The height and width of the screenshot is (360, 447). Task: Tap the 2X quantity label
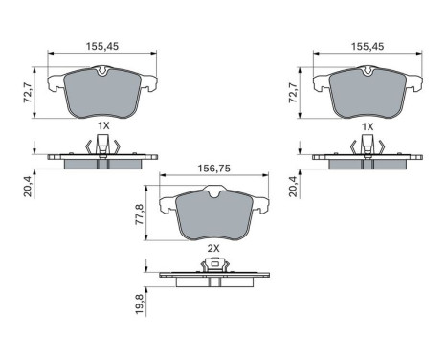coord(212,248)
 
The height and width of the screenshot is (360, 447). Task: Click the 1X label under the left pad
coord(101,126)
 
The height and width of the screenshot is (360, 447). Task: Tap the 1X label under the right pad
coord(368,126)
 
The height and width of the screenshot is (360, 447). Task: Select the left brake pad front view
coord(102,93)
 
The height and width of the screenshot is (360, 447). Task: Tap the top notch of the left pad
coord(102,71)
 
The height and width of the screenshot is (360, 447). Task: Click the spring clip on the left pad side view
coord(101,147)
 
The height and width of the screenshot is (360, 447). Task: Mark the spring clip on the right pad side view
coord(368,147)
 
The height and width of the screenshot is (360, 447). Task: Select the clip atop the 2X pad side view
coord(214,266)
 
